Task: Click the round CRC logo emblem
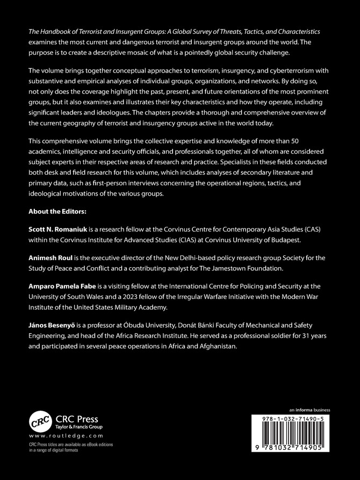click(x=43, y=421)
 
